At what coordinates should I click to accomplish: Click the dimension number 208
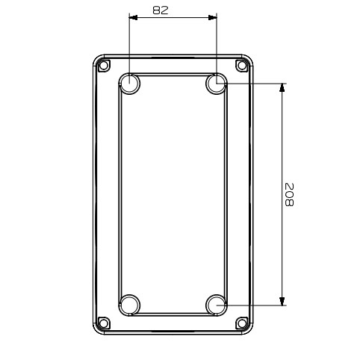(290, 195)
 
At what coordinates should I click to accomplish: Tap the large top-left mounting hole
(129, 84)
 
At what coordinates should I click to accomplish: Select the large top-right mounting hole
(217, 84)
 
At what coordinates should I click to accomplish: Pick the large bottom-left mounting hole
(129, 305)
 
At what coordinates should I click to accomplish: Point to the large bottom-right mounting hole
(217, 305)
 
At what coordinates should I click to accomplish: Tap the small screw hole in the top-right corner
(241, 65)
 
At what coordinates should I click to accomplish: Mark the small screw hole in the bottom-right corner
(241, 323)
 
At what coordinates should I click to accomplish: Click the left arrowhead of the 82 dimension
(134, 18)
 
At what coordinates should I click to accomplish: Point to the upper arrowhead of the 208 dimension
(282, 89)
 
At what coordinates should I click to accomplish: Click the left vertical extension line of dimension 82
(129, 45)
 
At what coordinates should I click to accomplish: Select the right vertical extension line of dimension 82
(217, 45)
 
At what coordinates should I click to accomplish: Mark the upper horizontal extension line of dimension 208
(254, 84)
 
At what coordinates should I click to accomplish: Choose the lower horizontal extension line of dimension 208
(254, 305)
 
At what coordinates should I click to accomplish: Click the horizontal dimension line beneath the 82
(173, 18)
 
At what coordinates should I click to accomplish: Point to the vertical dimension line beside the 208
(282, 149)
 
